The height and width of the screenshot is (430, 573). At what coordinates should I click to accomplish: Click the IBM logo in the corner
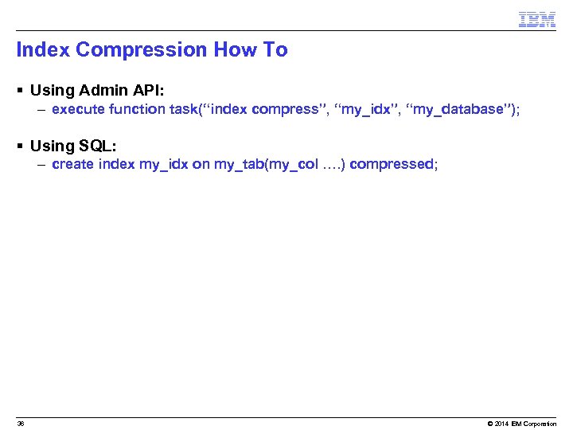(536, 20)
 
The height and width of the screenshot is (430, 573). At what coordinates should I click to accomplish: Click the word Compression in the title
(142, 50)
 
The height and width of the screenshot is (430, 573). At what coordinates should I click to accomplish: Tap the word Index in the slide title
(43, 50)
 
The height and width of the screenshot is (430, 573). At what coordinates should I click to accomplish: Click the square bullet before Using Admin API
(20, 90)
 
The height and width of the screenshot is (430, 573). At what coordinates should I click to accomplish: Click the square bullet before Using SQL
(20, 146)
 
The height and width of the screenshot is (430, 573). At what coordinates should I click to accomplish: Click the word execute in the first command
(76, 110)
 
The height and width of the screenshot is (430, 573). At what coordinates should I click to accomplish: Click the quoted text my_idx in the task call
(367, 110)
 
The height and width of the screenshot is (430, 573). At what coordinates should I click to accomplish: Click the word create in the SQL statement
(72, 165)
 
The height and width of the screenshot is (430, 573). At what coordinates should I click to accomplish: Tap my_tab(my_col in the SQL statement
(266, 165)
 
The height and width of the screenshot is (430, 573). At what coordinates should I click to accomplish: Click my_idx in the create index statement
(163, 165)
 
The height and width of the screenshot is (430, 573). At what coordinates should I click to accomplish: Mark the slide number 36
(21, 424)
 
